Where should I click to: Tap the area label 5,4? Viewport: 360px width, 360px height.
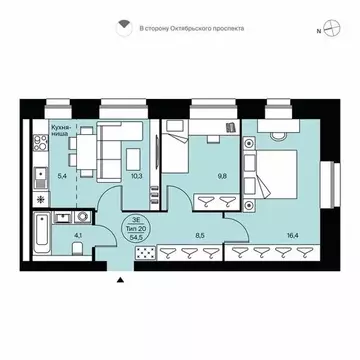coord(63,176)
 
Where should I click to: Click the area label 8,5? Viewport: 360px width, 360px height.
coord(199,236)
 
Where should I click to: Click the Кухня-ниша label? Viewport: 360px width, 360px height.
coord(65,132)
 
